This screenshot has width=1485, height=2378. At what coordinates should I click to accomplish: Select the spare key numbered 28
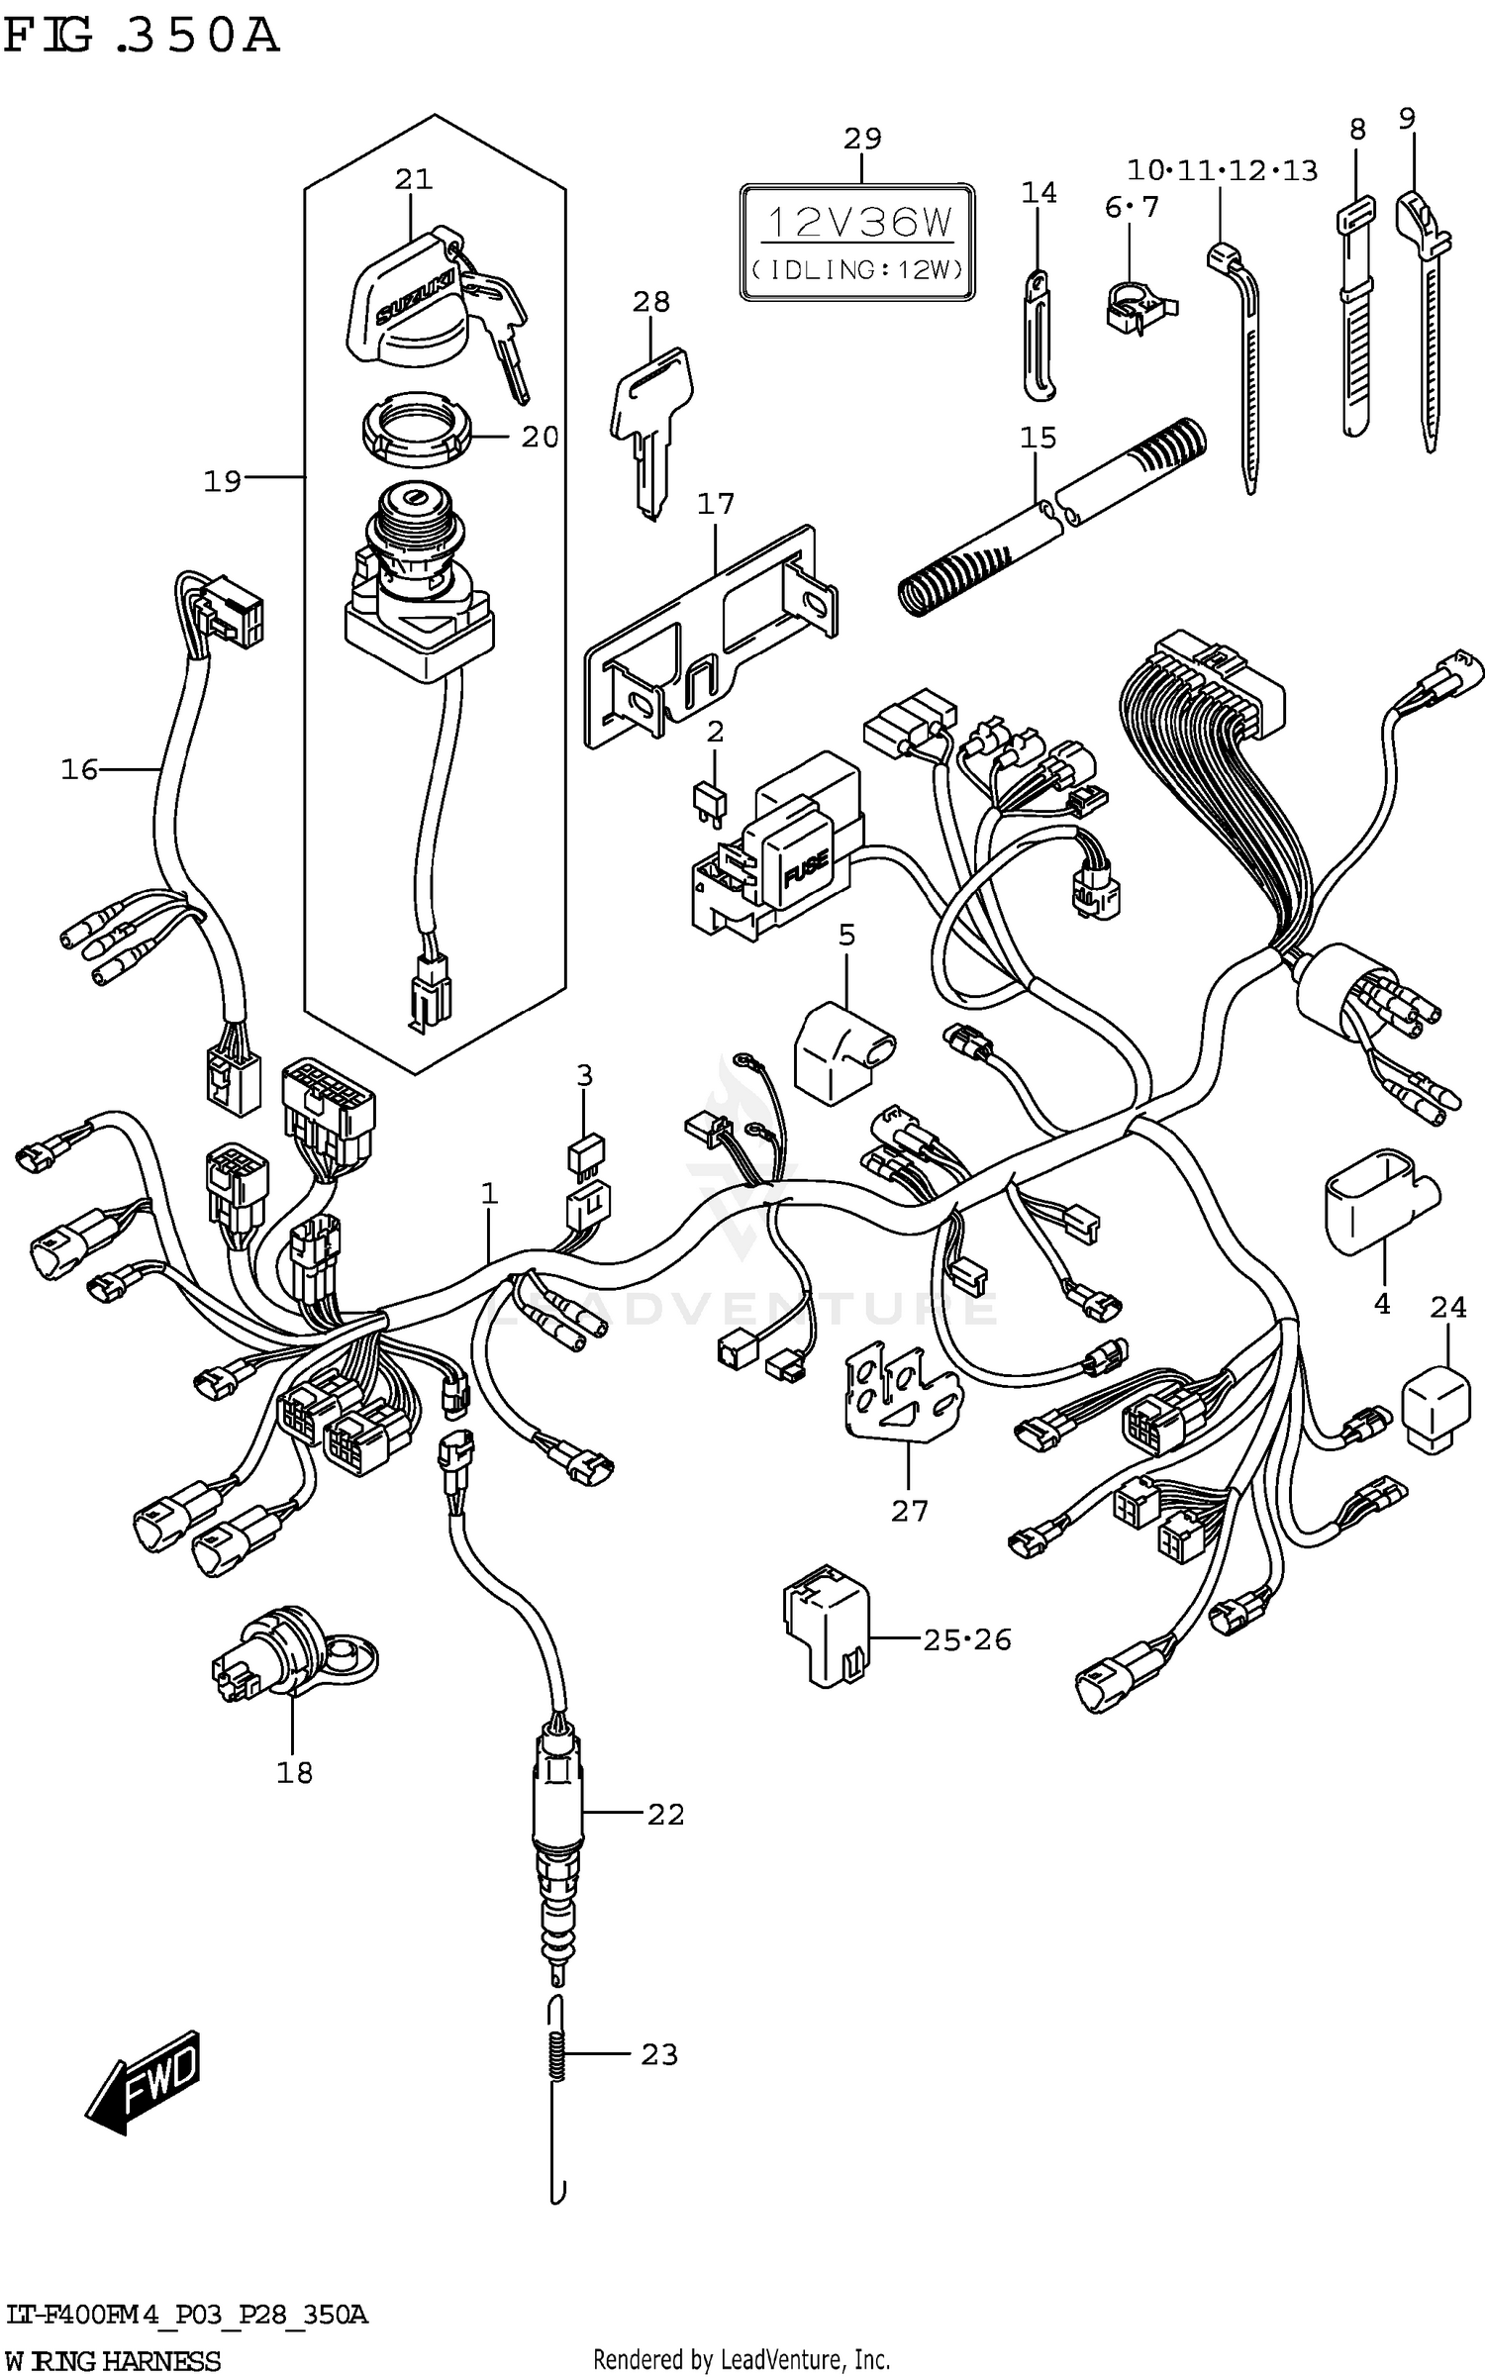650,417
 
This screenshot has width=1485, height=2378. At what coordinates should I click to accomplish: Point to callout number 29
861,139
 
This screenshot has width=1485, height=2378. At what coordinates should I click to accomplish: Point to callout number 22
665,1814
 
